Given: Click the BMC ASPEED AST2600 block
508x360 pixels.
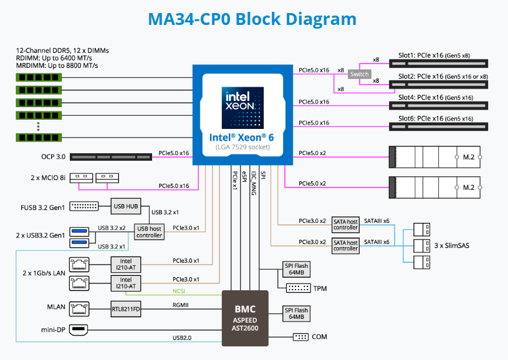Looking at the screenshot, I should [245, 318].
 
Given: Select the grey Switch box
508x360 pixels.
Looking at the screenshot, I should [360, 74].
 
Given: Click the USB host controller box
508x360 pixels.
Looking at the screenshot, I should [150, 231].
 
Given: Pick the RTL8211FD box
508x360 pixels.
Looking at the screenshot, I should [127, 308].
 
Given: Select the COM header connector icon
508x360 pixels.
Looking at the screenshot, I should [300, 337].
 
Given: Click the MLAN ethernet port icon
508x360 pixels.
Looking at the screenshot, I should [79, 308].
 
